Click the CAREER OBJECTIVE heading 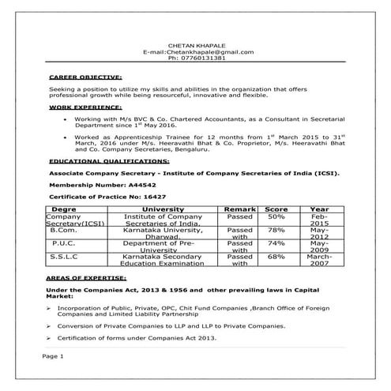click(x=85, y=78)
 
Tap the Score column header click(x=276, y=208)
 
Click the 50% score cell click(x=276, y=216)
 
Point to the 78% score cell click(x=276, y=230)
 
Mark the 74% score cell click(x=276, y=243)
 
